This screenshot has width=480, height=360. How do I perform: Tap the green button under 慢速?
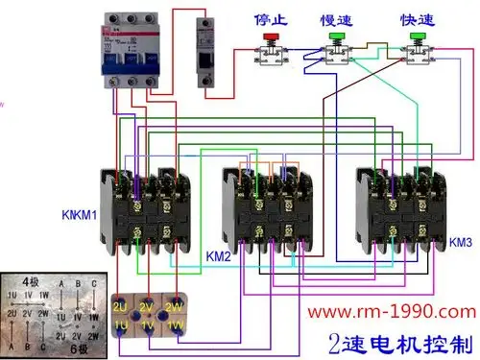coord(335,39)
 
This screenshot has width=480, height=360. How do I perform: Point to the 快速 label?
coord(416,18)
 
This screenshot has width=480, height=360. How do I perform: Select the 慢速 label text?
coord(335,18)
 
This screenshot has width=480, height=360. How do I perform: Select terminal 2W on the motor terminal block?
coord(174,306)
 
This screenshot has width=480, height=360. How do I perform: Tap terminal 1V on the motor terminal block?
coord(147,326)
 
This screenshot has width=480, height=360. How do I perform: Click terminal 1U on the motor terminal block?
coord(121,326)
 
